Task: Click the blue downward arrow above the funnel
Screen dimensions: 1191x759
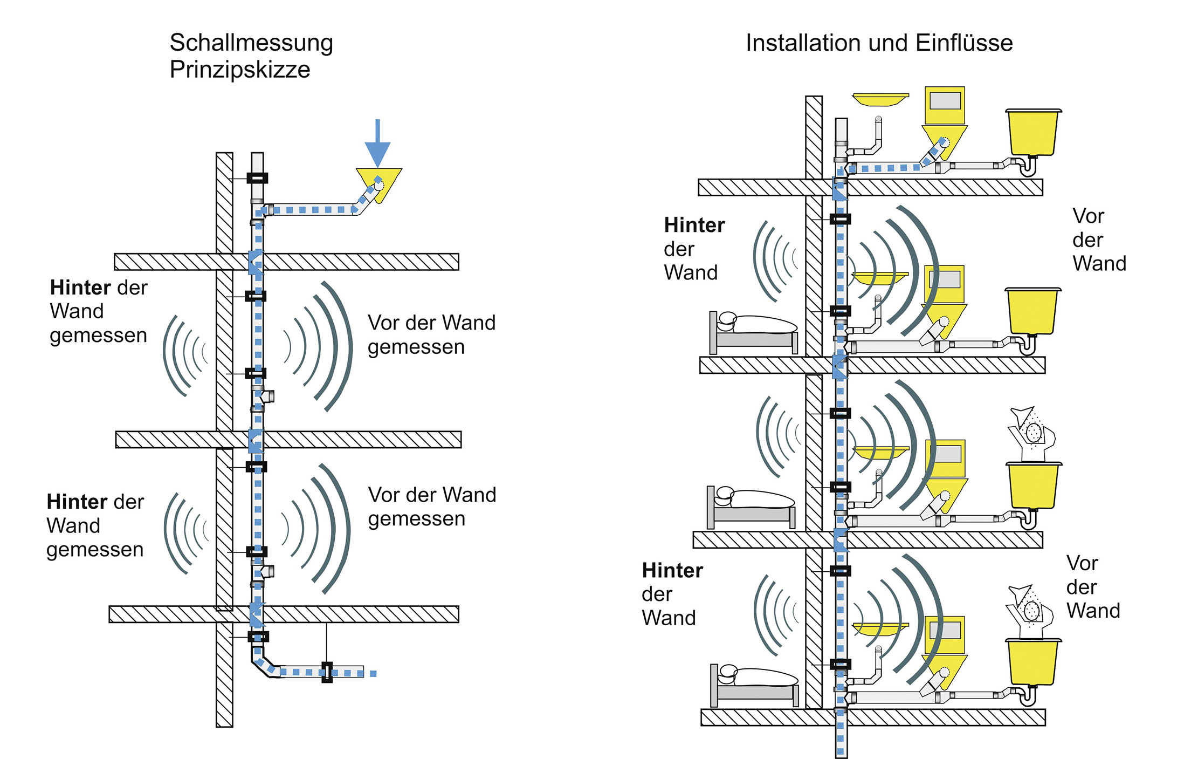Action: [x=377, y=143]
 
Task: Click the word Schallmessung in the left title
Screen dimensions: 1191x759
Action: [x=251, y=43]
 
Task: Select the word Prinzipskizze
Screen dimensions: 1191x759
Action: [x=240, y=70]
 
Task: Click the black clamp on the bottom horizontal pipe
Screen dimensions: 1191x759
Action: [x=327, y=672]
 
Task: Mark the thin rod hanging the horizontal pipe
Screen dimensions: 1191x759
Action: [x=326, y=642]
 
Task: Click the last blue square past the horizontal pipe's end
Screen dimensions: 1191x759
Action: [x=373, y=673]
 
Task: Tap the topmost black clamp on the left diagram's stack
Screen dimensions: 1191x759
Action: [x=257, y=177]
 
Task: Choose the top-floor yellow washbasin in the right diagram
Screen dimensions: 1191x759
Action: [x=880, y=100]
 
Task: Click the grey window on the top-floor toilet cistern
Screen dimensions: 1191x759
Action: [x=945, y=101]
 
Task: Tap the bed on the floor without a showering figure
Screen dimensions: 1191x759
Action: [x=753, y=333]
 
